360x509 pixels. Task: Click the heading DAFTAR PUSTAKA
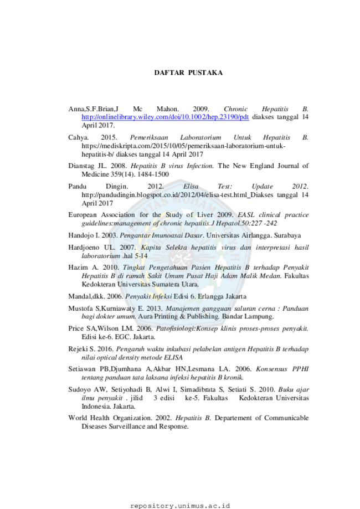click(x=188, y=73)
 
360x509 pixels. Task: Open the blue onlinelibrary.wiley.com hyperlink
click(x=165, y=117)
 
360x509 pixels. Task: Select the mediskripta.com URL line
click(x=183, y=146)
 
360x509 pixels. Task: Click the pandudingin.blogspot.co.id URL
click(x=164, y=195)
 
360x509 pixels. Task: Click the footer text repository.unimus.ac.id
click(x=180, y=506)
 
